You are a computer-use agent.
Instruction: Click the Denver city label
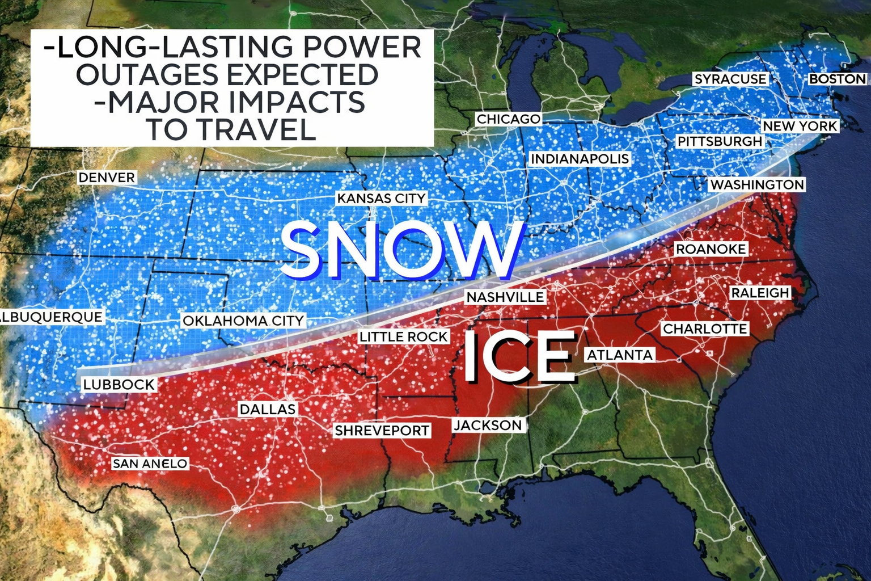point(107,178)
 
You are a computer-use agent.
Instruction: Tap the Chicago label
point(508,119)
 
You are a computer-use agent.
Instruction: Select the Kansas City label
point(381,199)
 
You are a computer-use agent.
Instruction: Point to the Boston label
point(838,79)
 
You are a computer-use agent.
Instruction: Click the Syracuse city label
point(730,79)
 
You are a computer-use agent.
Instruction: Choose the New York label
point(800,126)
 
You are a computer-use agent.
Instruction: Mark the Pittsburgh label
point(720,141)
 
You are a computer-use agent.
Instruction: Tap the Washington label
point(757,185)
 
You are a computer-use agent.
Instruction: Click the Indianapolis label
point(580,159)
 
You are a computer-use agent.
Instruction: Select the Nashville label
point(505,297)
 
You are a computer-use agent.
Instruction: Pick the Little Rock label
point(404,337)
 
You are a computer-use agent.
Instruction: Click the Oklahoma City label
point(243,321)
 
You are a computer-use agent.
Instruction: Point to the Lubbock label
point(119,385)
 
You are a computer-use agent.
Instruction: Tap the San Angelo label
point(150,464)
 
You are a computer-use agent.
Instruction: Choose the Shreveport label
point(382,431)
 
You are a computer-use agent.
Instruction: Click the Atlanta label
point(620,355)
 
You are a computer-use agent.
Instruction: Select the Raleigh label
point(760,293)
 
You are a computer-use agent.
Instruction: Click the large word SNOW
point(400,250)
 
